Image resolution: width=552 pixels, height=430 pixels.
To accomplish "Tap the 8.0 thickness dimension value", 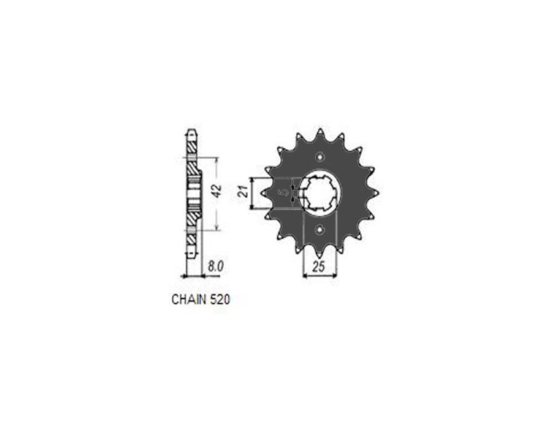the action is pos(215,266).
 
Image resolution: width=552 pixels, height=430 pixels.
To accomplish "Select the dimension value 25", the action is pos(318,267).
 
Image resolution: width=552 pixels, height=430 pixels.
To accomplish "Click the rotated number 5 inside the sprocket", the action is pos(283,193).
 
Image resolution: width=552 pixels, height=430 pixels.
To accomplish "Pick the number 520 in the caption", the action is pos(220,300).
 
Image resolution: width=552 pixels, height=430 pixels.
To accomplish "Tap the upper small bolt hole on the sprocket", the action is pos(320,156).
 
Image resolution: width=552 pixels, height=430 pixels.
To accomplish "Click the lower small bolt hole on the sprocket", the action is pos(320,230).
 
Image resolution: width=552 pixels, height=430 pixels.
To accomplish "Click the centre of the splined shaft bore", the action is pos(320,193).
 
